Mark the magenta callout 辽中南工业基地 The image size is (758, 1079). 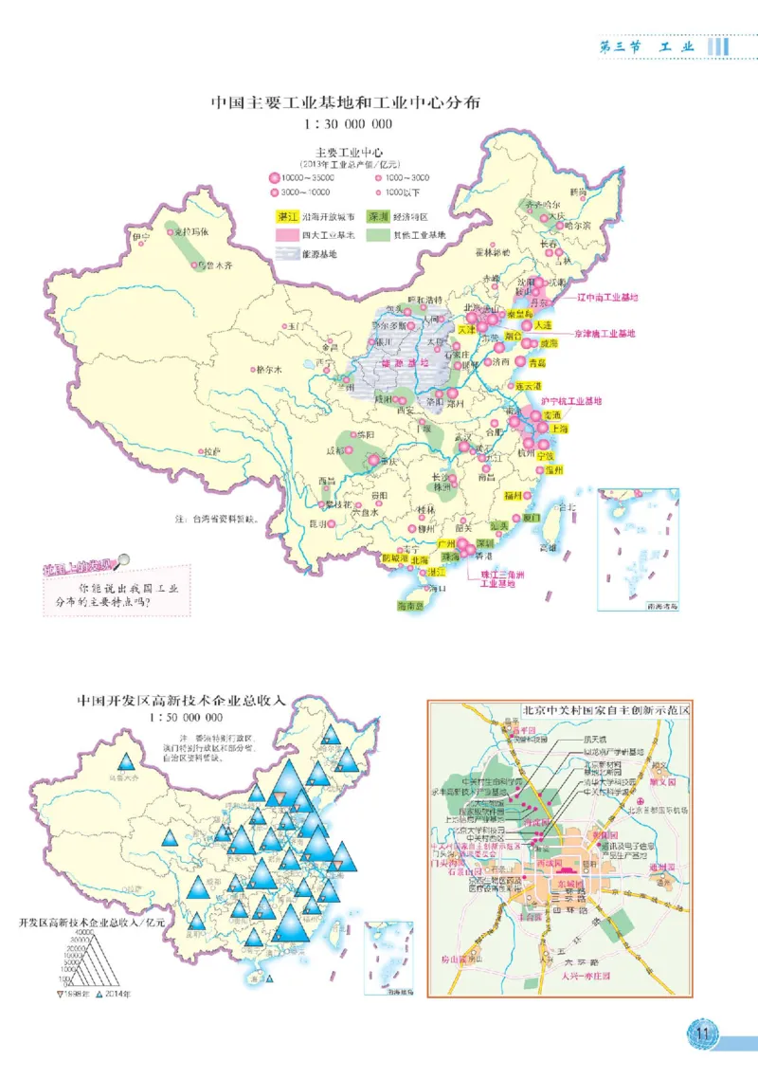coord(607,298)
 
